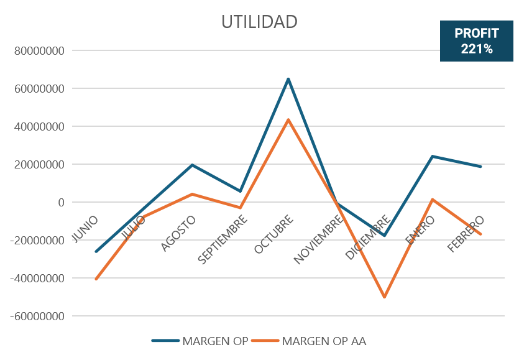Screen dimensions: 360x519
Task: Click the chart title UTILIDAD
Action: [259, 22]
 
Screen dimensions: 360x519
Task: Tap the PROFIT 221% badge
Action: [477, 41]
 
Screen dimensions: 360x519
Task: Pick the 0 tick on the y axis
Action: [61, 202]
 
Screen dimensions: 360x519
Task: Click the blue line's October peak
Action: [288, 79]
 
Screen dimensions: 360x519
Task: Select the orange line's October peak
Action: [288, 119]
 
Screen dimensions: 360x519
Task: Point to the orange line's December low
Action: [385, 297]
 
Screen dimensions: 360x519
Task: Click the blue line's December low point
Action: [385, 236]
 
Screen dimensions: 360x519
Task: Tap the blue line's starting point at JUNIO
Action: [96, 252]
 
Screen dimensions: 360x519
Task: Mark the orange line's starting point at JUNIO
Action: [96, 280]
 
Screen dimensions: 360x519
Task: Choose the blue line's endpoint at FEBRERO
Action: [480, 167]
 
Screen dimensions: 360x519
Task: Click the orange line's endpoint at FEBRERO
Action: [480, 234]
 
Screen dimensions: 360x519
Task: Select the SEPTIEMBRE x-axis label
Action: [224, 240]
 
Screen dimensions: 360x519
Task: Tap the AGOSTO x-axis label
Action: [179, 234]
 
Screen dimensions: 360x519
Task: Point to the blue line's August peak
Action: [192, 165]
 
